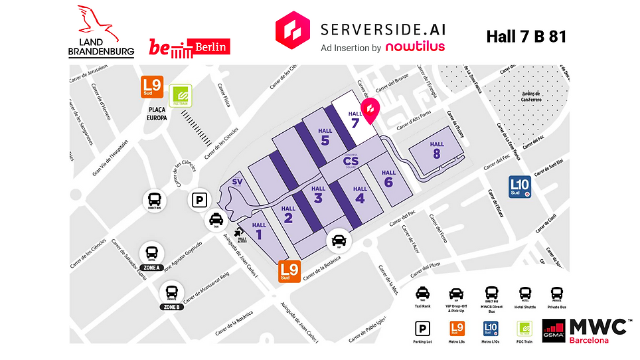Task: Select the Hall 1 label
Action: pos(259,229)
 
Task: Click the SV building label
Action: pos(238,183)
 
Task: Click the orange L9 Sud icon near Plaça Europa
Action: pos(151,86)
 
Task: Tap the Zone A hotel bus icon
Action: pos(152,253)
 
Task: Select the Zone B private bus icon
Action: pos(171,292)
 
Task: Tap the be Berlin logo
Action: pos(189,47)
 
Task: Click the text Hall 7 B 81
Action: pos(526,36)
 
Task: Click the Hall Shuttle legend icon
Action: pos(525,294)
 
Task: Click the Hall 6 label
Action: pos(388,178)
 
